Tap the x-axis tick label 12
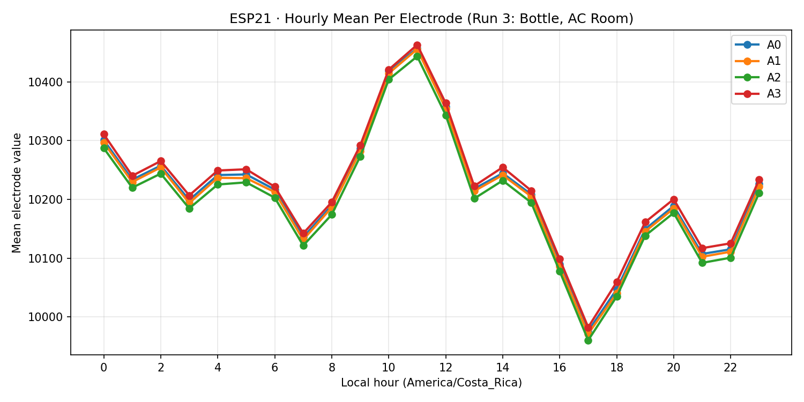tap(445, 368)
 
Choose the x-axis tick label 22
tap(731, 368)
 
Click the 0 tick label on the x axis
tap(104, 368)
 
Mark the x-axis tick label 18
tap(616, 368)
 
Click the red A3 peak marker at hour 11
tap(417, 46)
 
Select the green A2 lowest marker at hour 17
tap(588, 340)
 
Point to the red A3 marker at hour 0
tap(104, 134)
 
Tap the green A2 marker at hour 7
tap(303, 245)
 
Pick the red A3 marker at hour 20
tap(674, 199)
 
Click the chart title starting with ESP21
tap(431, 19)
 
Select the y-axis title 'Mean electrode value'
tap(17, 193)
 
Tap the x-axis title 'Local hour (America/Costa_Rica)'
tap(431, 383)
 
